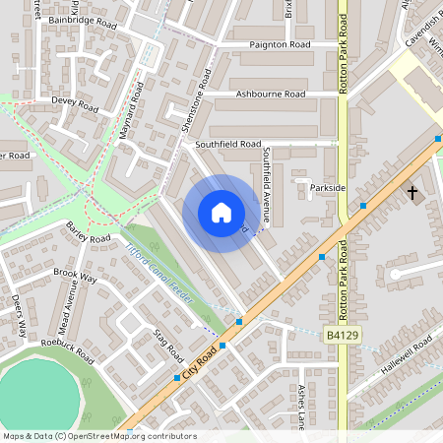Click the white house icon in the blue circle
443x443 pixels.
(221, 212)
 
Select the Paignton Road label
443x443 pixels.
(280, 45)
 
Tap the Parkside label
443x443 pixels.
(328, 187)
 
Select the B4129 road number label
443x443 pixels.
(339, 336)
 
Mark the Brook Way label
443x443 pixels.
(75, 275)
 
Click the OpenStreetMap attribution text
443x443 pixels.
(98, 436)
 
